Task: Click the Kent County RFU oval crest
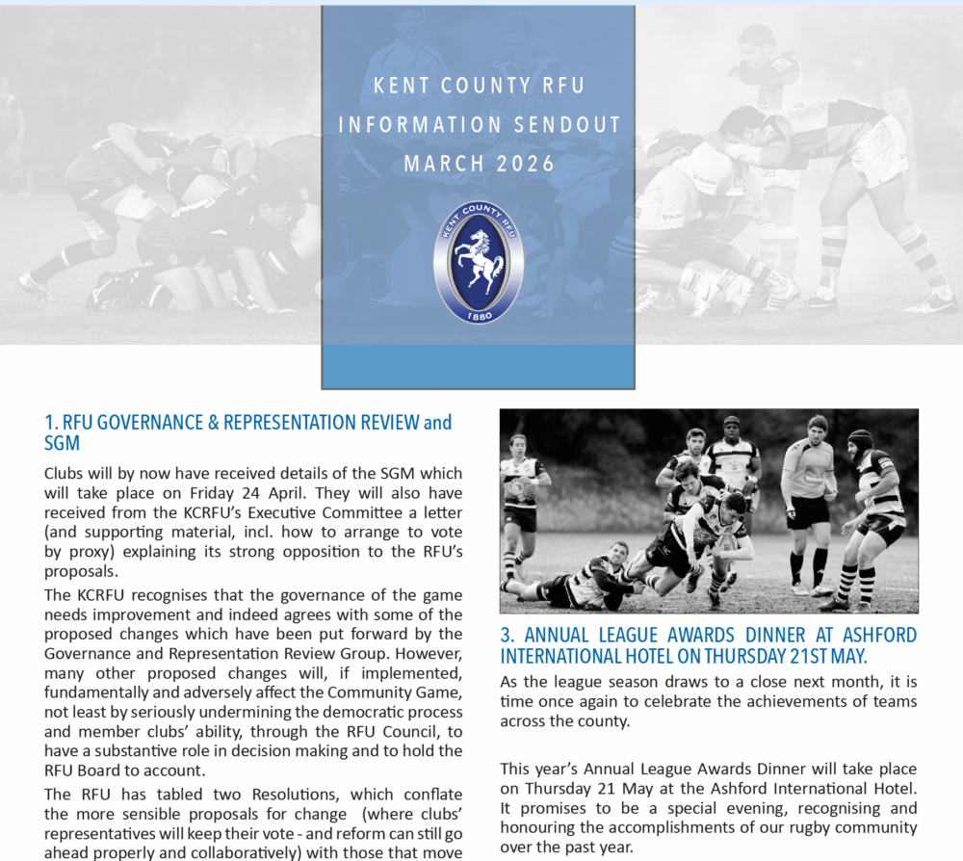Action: (x=479, y=263)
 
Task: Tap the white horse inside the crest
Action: (x=479, y=261)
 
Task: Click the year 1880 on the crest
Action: (x=479, y=314)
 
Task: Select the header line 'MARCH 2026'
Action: (x=480, y=164)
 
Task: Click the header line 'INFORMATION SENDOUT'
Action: (x=480, y=125)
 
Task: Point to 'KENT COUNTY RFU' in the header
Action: (x=480, y=87)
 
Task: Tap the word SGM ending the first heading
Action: (x=62, y=443)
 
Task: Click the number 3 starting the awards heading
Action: (x=506, y=636)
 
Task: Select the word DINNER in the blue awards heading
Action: (x=788, y=636)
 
